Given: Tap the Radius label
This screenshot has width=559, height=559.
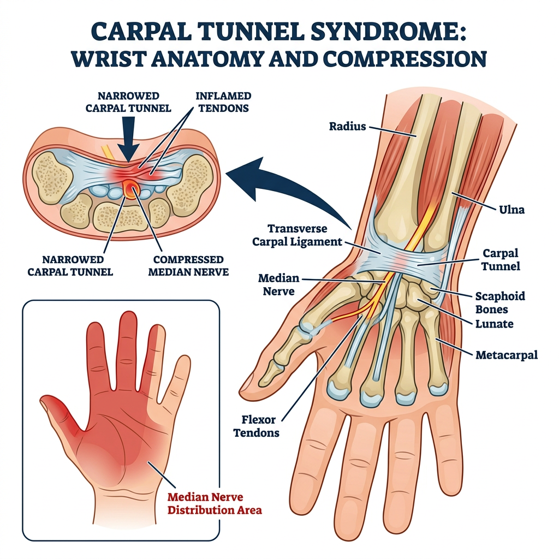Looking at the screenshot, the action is [x=347, y=126].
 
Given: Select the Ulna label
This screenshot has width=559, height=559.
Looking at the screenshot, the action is [x=512, y=209].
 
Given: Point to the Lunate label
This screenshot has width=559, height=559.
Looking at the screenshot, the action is [x=494, y=324].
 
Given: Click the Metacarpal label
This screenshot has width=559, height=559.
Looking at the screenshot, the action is [x=506, y=355].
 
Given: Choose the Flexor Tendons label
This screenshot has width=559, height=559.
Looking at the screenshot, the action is [x=256, y=426].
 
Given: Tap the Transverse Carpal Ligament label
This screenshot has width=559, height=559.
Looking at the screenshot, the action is [x=297, y=235].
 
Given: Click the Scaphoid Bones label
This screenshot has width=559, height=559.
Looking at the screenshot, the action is [x=500, y=302].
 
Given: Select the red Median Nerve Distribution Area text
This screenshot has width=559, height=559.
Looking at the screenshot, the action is [x=215, y=503].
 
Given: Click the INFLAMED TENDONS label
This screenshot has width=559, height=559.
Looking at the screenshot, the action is [x=223, y=102].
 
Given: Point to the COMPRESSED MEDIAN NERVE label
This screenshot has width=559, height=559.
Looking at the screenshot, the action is [x=188, y=266].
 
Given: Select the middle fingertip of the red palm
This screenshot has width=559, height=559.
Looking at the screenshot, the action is [x=127, y=317].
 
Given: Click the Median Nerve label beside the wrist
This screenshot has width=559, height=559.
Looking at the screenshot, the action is [x=278, y=284].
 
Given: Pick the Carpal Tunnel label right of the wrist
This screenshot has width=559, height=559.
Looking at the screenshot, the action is [x=501, y=259].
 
